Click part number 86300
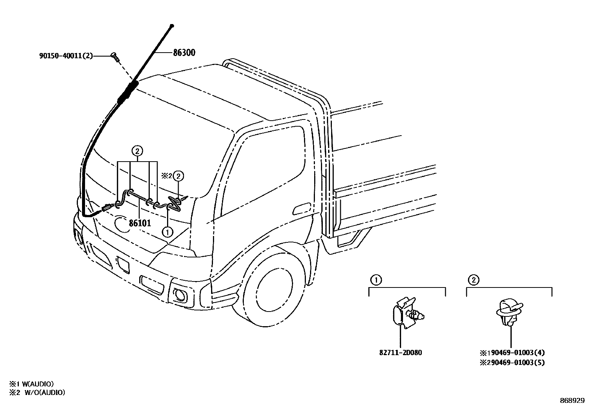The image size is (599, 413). coord(184,53)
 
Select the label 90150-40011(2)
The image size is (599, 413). coord(66,56)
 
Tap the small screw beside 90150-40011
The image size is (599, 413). coord(114,57)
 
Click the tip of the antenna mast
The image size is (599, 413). coord(172,26)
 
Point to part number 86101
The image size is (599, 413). coord(140,223)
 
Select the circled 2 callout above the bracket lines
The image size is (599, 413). coord(137,151)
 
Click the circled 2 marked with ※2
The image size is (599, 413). coord(179,175)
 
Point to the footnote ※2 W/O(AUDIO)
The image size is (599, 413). coord(37,392)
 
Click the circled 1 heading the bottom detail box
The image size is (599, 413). coord(375,280)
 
